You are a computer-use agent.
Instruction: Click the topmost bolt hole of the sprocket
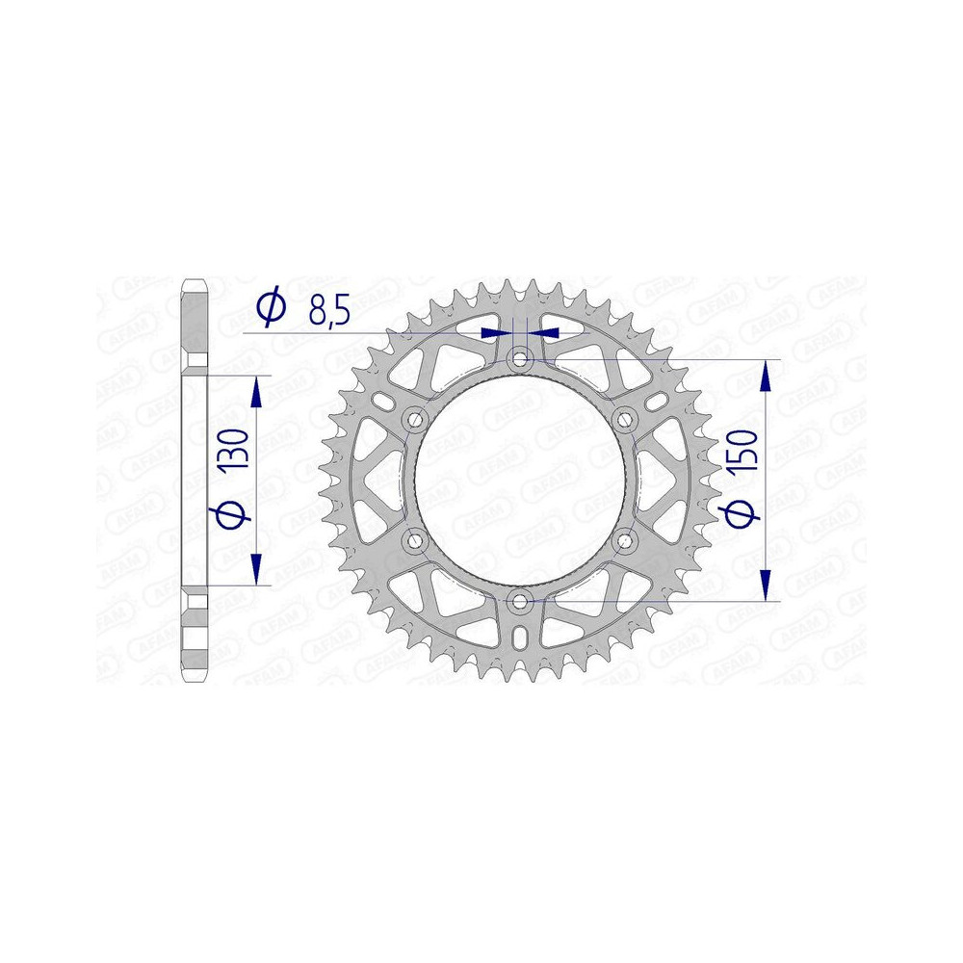520,359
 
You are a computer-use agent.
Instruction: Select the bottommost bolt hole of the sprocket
520,602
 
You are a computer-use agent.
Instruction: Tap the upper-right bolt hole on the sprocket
625,419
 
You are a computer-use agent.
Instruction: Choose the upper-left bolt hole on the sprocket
415,419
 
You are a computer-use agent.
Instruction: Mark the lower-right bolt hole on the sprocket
625,541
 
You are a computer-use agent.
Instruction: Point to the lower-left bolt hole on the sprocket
415,541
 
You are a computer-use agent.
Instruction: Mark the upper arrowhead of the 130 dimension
257,392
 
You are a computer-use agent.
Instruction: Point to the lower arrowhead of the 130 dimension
257,568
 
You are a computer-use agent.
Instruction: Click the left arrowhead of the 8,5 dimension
494,331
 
